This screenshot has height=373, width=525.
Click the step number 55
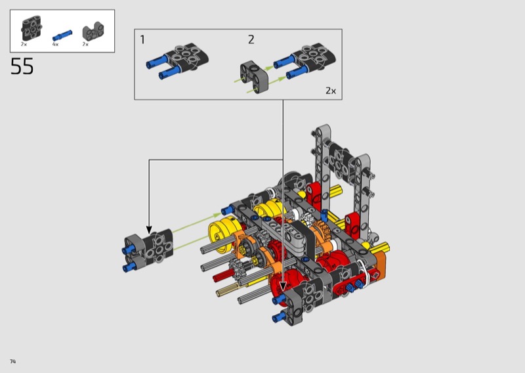point(22,66)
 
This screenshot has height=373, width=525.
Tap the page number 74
point(12,361)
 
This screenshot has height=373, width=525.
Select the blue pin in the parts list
point(62,35)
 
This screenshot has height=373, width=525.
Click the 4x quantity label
point(55,44)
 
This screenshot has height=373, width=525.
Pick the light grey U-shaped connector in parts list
point(93,31)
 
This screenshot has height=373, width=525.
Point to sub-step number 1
point(142,39)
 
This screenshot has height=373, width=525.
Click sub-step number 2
point(251,39)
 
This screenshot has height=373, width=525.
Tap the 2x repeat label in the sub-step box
point(331,91)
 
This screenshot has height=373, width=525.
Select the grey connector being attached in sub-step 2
point(254,77)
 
